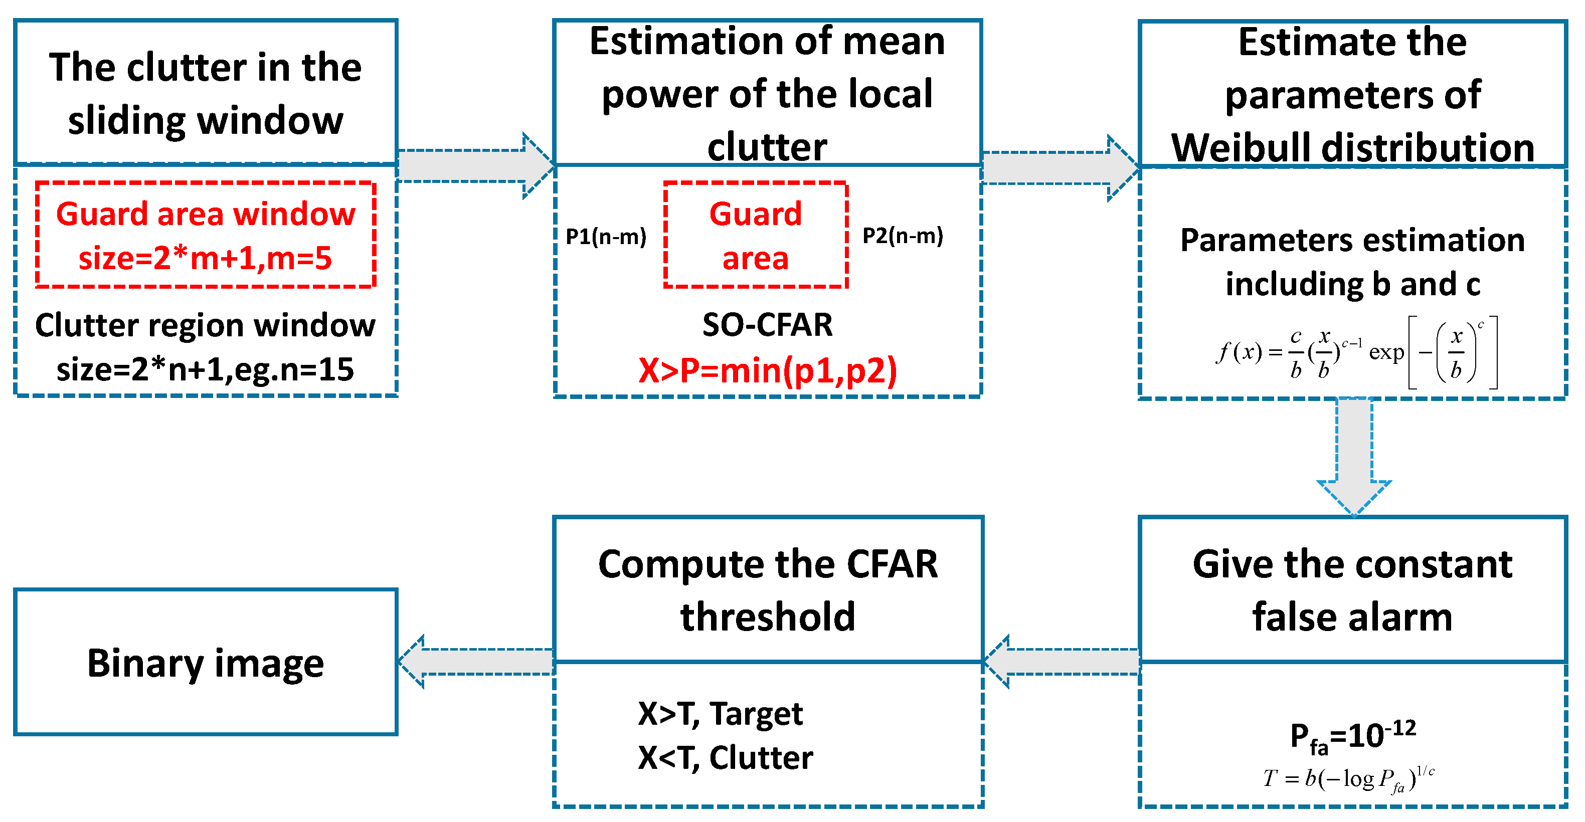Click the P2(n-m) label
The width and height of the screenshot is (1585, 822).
tap(902, 236)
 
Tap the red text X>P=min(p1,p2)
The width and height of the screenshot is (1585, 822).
tap(767, 371)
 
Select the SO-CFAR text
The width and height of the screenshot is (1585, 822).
tap(767, 325)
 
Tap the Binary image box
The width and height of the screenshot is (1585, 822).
tap(206, 662)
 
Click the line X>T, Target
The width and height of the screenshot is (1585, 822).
tap(720, 714)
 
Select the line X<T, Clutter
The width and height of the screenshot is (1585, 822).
tap(725, 757)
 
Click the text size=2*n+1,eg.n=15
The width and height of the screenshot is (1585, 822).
tap(205, 370)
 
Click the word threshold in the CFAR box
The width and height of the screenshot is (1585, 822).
tap(767, 617)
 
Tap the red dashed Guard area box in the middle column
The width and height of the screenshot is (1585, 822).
tap(755, 235)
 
